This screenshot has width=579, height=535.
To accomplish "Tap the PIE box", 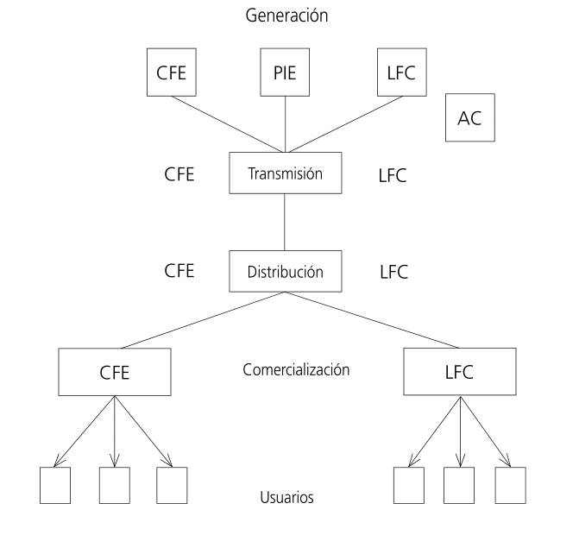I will click(284, 72).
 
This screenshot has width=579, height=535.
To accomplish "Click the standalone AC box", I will click(469, 118).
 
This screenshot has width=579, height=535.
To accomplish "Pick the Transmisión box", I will click(285, 173).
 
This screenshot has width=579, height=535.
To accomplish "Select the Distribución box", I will click(285, 271).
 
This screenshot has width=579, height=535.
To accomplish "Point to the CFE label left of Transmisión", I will click(179, 174).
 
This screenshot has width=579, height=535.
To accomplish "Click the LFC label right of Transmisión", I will click(393, 176).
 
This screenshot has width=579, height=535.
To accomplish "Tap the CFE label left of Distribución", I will click(179, 271).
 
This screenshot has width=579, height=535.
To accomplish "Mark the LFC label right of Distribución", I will click(393, 273).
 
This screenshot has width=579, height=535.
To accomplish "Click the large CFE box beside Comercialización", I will click(114, 373).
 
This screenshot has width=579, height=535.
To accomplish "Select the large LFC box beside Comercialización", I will click(459, 373).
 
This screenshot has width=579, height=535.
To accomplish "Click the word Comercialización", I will click(296, 370).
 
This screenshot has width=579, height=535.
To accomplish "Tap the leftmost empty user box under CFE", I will click(55, 485).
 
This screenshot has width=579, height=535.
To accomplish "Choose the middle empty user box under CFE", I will click(114, 485).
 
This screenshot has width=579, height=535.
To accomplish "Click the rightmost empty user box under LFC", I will click(510, 485).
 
